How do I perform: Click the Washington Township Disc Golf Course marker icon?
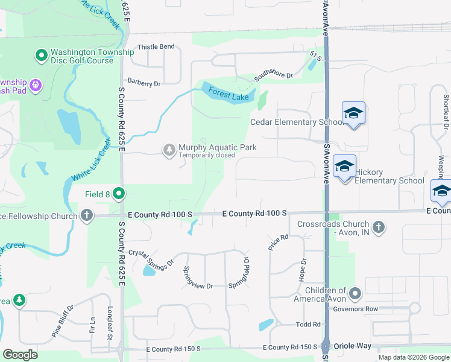(x=42, y=56)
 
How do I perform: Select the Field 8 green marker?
(x=119, y=194)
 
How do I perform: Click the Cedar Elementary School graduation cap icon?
(x=354, y=113)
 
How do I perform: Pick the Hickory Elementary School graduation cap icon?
(x=344, y=167)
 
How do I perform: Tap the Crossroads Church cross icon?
(x=378, y=227)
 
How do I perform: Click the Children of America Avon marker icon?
(x=355, y=294)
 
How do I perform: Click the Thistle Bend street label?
(x=156, y=46)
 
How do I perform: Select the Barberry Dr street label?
(x=143, y=84)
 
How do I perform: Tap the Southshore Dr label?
(x=273, y=75)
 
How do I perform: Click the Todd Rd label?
(x=308, y=324)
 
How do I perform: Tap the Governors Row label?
(x=379, y=310)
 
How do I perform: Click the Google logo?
(x=20, y=355)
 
